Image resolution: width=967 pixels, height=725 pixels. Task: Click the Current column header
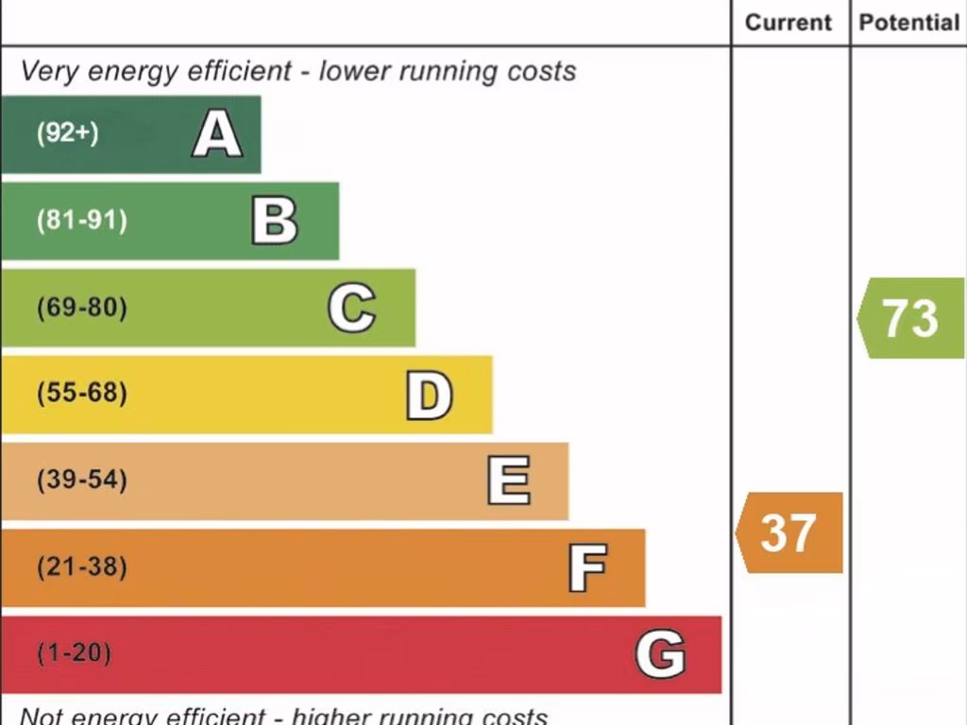point(789,23)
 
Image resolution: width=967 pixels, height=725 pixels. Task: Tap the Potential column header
point(908,23)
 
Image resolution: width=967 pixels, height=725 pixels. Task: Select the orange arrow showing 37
point(789,532)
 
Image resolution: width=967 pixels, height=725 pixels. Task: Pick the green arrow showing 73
point(910,318)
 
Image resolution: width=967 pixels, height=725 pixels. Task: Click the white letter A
point(217,134)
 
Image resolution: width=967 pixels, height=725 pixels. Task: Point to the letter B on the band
point(275,221)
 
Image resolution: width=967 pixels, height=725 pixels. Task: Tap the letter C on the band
point(351,308)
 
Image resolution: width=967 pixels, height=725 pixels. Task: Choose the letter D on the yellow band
point(429,395)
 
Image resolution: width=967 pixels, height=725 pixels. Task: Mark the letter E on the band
point(508,481)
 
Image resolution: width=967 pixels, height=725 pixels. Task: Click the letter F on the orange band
point(586,567)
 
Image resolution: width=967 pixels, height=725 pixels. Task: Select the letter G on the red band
point(660,654)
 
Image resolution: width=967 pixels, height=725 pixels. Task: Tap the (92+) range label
point(67,133)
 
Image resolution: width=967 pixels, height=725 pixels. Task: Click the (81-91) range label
point(81,221)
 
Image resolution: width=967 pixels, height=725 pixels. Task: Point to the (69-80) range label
point(81,308)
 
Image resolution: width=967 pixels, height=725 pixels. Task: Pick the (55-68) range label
point(81,394)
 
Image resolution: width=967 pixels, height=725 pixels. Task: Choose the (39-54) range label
point(81,481)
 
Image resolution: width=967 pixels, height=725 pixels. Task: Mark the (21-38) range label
point(81,567)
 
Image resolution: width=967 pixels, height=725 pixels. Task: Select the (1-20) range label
point(74,653)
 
